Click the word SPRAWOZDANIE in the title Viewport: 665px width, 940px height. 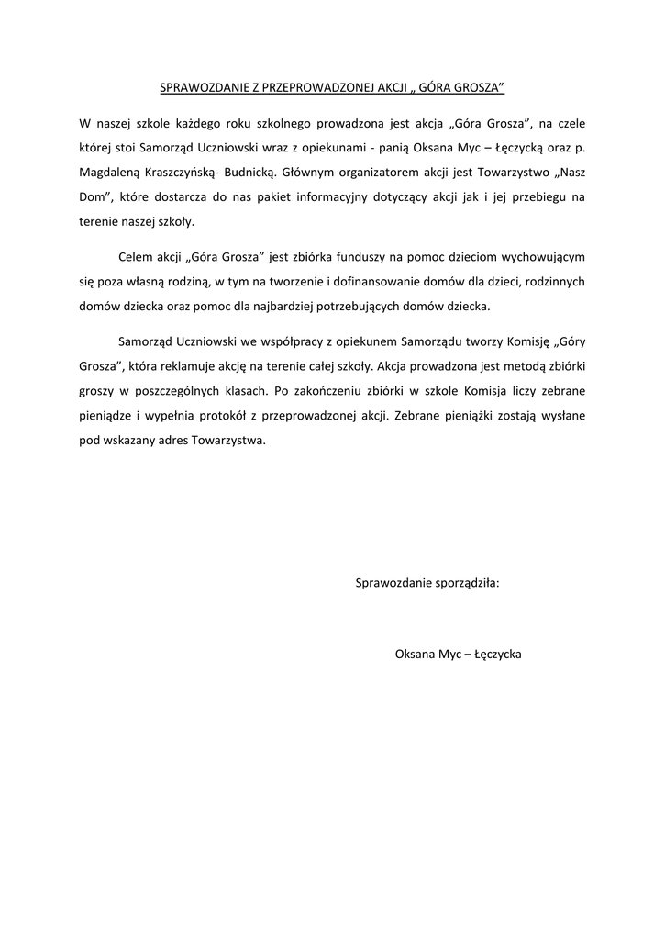pyautogui.click(x=198, y=88)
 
